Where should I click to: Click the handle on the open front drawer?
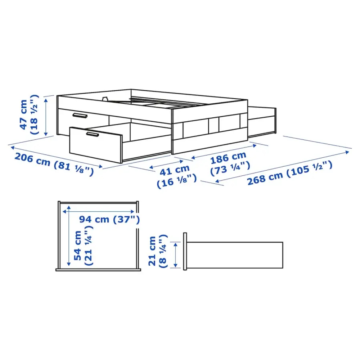coord(92,134)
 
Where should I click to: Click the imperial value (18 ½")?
coord(34,114)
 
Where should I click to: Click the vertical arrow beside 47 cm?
coord(46,116)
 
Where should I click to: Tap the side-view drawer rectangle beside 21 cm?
coord(235,256)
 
